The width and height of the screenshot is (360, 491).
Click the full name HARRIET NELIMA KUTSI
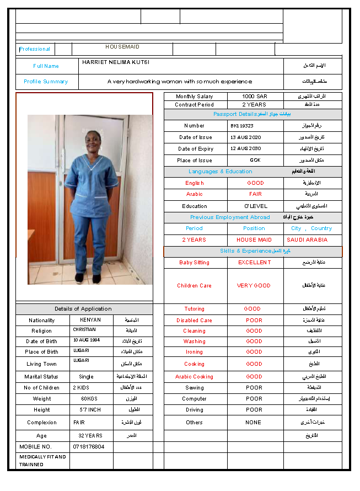[116, 62]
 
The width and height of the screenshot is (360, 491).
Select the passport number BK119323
[242, 126]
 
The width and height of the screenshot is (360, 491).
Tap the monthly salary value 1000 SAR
[255, 97]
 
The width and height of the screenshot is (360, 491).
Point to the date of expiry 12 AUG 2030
[246, 149]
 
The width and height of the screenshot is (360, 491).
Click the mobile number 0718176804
[89, 447]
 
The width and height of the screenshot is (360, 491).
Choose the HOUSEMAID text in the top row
[122, 47]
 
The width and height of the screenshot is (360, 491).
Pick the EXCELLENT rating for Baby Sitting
[255, 263]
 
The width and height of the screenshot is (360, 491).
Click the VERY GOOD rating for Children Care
[254, 286]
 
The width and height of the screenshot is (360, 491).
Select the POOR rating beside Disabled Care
[254, 321]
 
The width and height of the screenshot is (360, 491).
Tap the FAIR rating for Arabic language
[255, 194]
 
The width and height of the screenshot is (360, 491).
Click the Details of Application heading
[83, 309]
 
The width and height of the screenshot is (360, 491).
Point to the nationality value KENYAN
[90, 320]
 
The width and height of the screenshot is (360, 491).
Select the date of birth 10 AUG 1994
[87, 340]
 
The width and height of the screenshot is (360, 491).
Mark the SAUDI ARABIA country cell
[307, 240]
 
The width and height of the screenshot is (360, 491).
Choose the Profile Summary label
[46, 82]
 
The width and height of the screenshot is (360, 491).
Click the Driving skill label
[194, 410]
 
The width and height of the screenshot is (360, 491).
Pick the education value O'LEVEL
[256, 206]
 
